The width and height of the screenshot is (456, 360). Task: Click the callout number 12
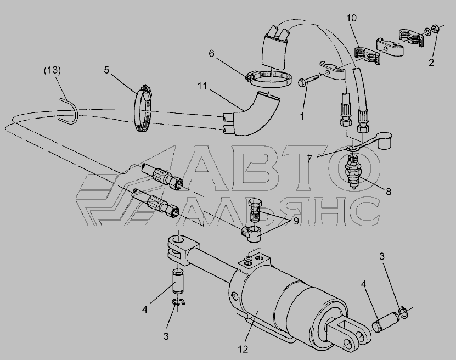(x=243, y=349)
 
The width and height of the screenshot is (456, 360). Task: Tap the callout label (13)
(x=52, y=70)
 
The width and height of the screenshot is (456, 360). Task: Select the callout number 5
(x=107, y=70)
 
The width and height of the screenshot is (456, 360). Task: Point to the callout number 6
(x=211, y=53)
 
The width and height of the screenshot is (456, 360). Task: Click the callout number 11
(x=202, y=86)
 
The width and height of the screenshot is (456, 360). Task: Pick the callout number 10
(x=351, y=18)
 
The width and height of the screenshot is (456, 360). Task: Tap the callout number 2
(x=431, y=62)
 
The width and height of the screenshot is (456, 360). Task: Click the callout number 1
(x=302, y=116)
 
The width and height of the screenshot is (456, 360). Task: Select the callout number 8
(x=389, y=192)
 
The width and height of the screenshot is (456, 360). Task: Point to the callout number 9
(x=296, y=221)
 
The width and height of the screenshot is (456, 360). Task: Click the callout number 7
(x=309, y=159)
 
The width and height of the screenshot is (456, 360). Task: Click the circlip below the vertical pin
(x=179, y=302)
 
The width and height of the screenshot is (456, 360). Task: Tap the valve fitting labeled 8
(x=353, y=173)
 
